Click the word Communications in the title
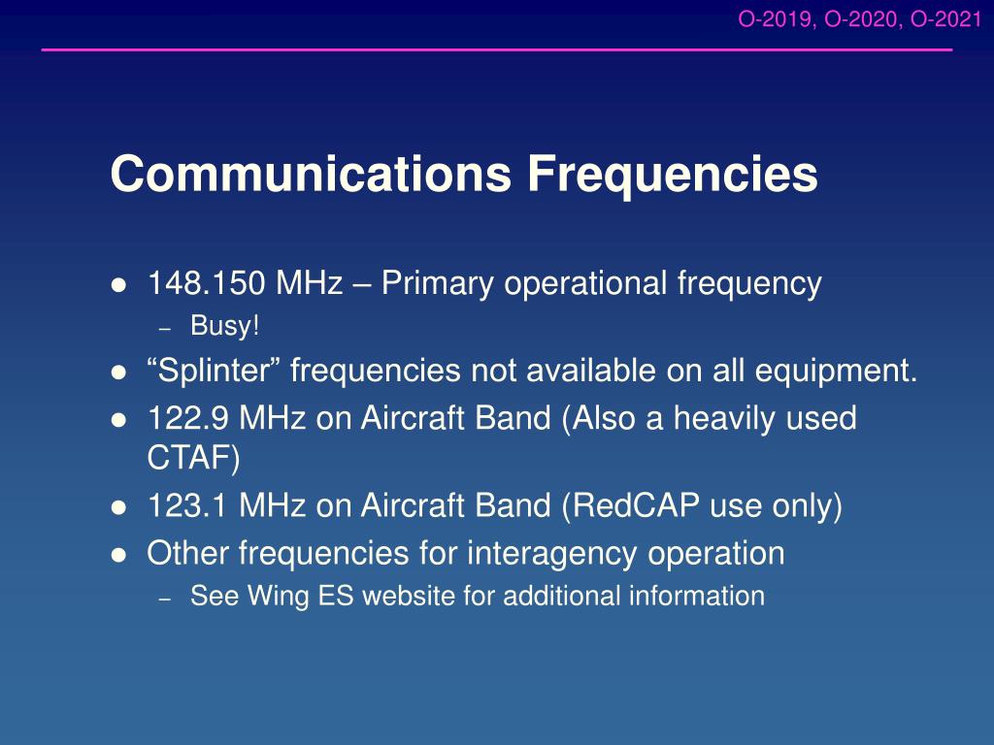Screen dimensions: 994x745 pyautogui.click(x=311, y=173)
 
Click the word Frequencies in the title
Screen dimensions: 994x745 pyautogui.click(x=673, y=175)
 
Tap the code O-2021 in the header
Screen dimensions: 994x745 pyautogui.click(x=945, y=19)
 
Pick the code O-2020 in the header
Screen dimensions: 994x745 pyautogui.click(x=862, y=19)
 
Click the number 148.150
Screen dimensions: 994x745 pyautogui.click(x=206, y=283)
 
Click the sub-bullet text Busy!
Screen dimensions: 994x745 pyautogui.click(x=225, y=327)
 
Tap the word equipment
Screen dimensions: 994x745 pyautogui.click(x=836, y=372)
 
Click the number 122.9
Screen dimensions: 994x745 pyautogui.click(x=188, y=419)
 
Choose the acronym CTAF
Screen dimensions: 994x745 pyautogui.click(x=189, y=457)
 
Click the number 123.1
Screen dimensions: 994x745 pyautogui.click(x=187, y=506)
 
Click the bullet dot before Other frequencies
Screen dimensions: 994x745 pyautogui.click(x=118, y=556)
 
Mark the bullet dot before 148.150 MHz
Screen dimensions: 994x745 pyautogui.click(x=118, y=285)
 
